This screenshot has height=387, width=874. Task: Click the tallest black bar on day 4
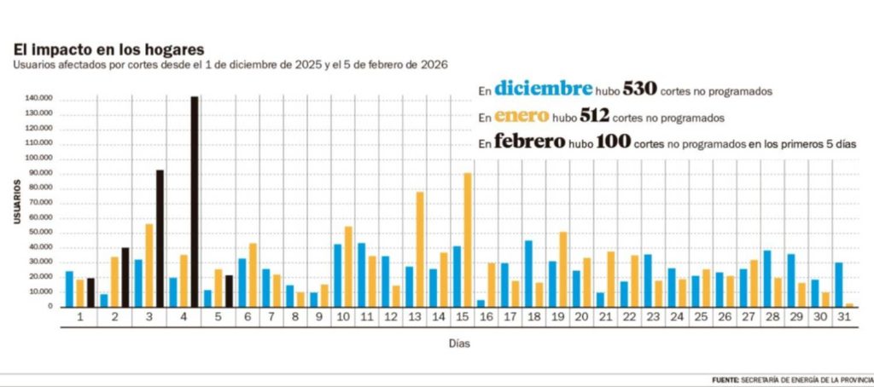[195, 201]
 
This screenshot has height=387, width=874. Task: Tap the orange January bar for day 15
[468, 240]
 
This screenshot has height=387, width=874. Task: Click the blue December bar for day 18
[528, 273]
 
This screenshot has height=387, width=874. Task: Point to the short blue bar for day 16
[481, 303]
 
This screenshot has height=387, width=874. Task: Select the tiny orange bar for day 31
[849, 304]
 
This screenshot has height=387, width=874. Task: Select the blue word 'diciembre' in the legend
[542, 89]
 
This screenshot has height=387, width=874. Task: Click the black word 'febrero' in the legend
[529, 142]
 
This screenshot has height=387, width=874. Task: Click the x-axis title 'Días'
[457, 344]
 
